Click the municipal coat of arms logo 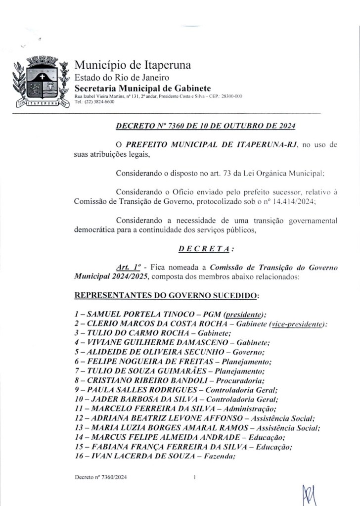(41, 83)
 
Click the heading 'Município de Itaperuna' (133, 65)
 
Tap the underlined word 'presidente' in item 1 (244, 315)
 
